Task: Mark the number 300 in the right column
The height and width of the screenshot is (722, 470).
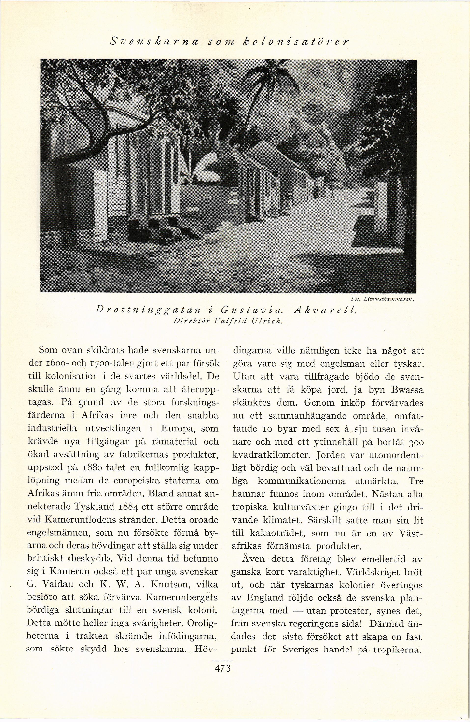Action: [415, 442]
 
